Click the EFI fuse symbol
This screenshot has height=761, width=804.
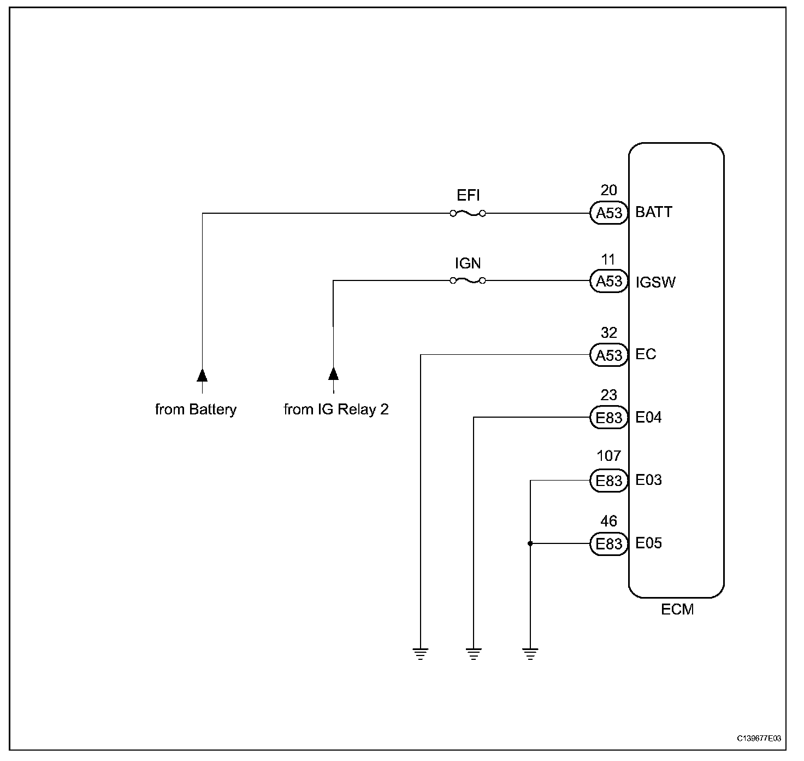point(468,213)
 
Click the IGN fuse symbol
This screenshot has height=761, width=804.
point(468,280)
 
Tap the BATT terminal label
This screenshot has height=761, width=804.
point(653,212)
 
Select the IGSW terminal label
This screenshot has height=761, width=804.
point(655,282)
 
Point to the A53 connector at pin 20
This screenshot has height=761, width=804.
point(608,213)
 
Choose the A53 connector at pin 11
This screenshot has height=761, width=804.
point(608,281)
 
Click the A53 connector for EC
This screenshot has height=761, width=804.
point(608,355)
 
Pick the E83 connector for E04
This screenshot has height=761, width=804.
point(608,418)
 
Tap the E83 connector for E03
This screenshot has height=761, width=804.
point(608,480)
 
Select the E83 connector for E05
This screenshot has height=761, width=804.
point(608,543)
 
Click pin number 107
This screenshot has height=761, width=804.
point(608,455)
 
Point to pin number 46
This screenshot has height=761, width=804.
point(608,521)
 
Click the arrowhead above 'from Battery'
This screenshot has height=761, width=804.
point(202,376)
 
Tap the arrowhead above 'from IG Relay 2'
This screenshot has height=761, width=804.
point(333,374)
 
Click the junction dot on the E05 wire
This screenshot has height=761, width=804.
point(530,543)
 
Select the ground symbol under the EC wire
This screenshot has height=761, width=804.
point(421,654)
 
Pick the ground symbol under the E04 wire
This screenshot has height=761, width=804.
point(473,654)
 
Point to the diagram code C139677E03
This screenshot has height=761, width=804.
point(759,739)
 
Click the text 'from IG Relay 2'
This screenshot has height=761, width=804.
point(336,409)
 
